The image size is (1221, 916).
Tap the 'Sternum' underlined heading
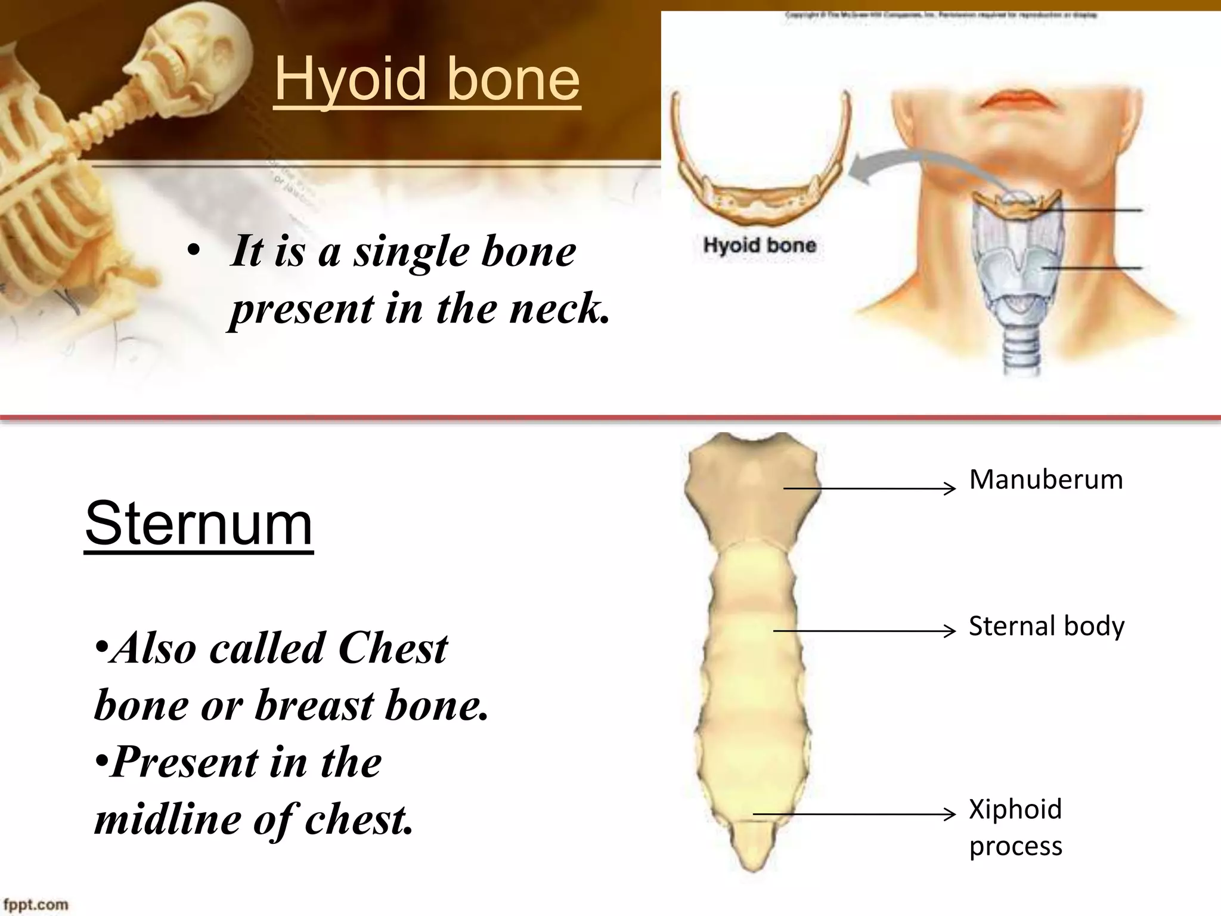[199, 524]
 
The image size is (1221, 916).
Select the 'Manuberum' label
[1046, 479]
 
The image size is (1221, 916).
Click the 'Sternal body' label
[1046, 626]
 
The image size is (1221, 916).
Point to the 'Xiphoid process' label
[1015, 827]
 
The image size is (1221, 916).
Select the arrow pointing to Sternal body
[864, 630]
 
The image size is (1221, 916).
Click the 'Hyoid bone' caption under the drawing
[759, 245]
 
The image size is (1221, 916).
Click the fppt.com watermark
[36, 905]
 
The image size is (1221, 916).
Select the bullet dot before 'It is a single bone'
[192, 252]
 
